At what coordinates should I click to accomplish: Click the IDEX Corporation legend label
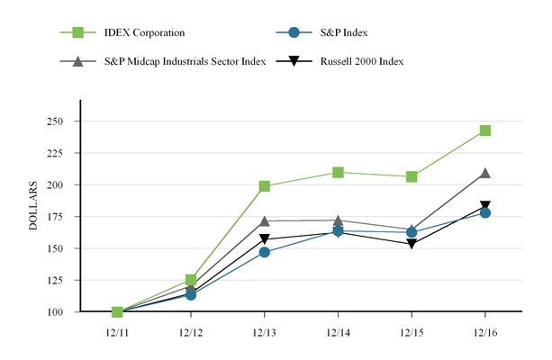144,33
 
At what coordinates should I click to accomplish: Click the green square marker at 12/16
485,130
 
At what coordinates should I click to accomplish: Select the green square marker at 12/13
264,186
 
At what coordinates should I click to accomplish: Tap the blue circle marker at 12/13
264,252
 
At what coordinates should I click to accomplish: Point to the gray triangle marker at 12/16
485,173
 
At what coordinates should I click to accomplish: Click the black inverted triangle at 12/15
412,244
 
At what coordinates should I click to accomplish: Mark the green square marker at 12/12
191,280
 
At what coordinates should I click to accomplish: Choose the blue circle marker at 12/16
485,212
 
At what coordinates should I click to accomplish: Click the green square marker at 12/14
338,172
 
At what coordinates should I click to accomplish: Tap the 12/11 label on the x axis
117,331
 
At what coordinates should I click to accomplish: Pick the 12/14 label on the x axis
338,331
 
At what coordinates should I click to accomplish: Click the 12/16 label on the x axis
485,331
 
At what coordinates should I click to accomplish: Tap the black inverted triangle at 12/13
264,240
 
